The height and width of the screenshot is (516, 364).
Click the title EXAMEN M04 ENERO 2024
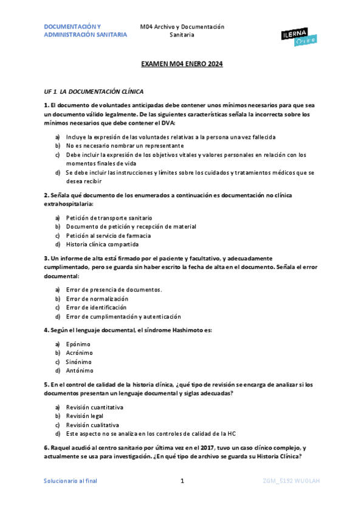(x=182, y=64)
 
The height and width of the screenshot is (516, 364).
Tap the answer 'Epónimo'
(x=78, y=344)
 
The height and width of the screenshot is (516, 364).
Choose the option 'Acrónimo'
(x=80, y=352)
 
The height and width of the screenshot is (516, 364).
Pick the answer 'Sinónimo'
(x=79, y=361)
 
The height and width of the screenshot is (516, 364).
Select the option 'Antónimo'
(x=80, y=370)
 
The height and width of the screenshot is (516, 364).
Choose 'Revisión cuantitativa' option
(x=95, y=406)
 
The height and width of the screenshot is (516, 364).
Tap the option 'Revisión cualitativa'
(x=92, y=425)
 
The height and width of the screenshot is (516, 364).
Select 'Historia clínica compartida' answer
(x=102, y=244)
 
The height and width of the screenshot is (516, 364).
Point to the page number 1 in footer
(x=182, y=481)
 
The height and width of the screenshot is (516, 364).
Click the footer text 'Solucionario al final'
(x=70, y=481)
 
